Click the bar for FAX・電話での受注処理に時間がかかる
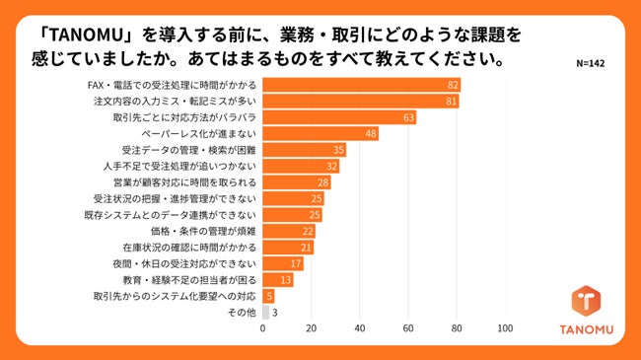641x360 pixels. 361,85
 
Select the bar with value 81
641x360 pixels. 360,101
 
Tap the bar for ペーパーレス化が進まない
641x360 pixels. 320,133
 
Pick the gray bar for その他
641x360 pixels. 265,312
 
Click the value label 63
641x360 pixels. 409,117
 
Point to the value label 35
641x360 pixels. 339,150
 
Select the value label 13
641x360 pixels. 286,279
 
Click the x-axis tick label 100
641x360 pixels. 505,328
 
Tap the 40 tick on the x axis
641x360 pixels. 359,328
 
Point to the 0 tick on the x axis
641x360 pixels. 262,328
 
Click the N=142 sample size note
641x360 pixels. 592,61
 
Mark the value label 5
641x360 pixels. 269,296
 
